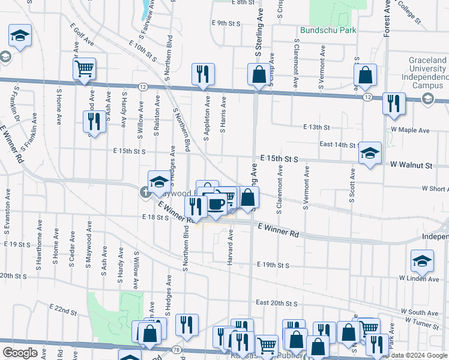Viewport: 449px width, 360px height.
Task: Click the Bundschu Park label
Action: (330, 30)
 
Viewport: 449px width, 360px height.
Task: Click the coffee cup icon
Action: (215, 204)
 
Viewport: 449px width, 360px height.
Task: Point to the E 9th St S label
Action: (226, 23)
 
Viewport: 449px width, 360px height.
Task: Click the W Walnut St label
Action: (411, 164)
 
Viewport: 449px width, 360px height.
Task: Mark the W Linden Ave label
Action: (420, 278)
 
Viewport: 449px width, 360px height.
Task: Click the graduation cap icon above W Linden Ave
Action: (422, 261)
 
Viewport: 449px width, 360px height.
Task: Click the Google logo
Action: (20, 353)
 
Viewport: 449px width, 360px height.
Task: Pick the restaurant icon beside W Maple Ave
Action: (394, 103)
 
